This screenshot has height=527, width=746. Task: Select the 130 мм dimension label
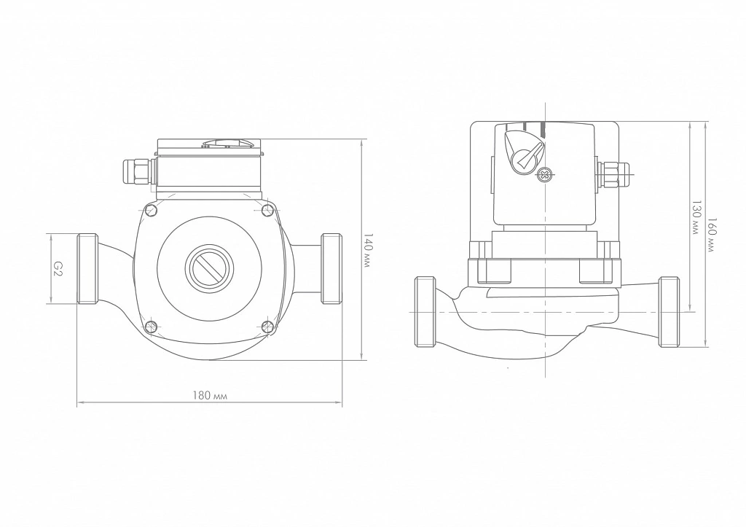(696, 216)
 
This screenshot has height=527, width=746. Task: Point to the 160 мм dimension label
(711, 235)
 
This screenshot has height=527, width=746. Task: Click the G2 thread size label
(57, 268)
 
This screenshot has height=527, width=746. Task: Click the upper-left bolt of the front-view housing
(152, 210)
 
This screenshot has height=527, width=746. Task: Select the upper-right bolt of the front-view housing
(268, 209)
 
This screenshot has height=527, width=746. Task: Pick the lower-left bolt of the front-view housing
(152, 326)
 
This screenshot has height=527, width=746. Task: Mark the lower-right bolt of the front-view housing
(268, 326)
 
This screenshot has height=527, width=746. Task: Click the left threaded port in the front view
(87, 268)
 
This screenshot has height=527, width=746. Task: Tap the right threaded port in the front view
(331, 268)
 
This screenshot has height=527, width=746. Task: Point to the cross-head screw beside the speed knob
(543, 175)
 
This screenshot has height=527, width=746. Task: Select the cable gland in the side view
(614, 175)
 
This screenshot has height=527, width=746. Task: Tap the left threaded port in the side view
(425, 312)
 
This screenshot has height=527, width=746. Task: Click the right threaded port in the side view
(669, 312)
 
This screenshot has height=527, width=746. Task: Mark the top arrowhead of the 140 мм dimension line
(361, 142)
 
